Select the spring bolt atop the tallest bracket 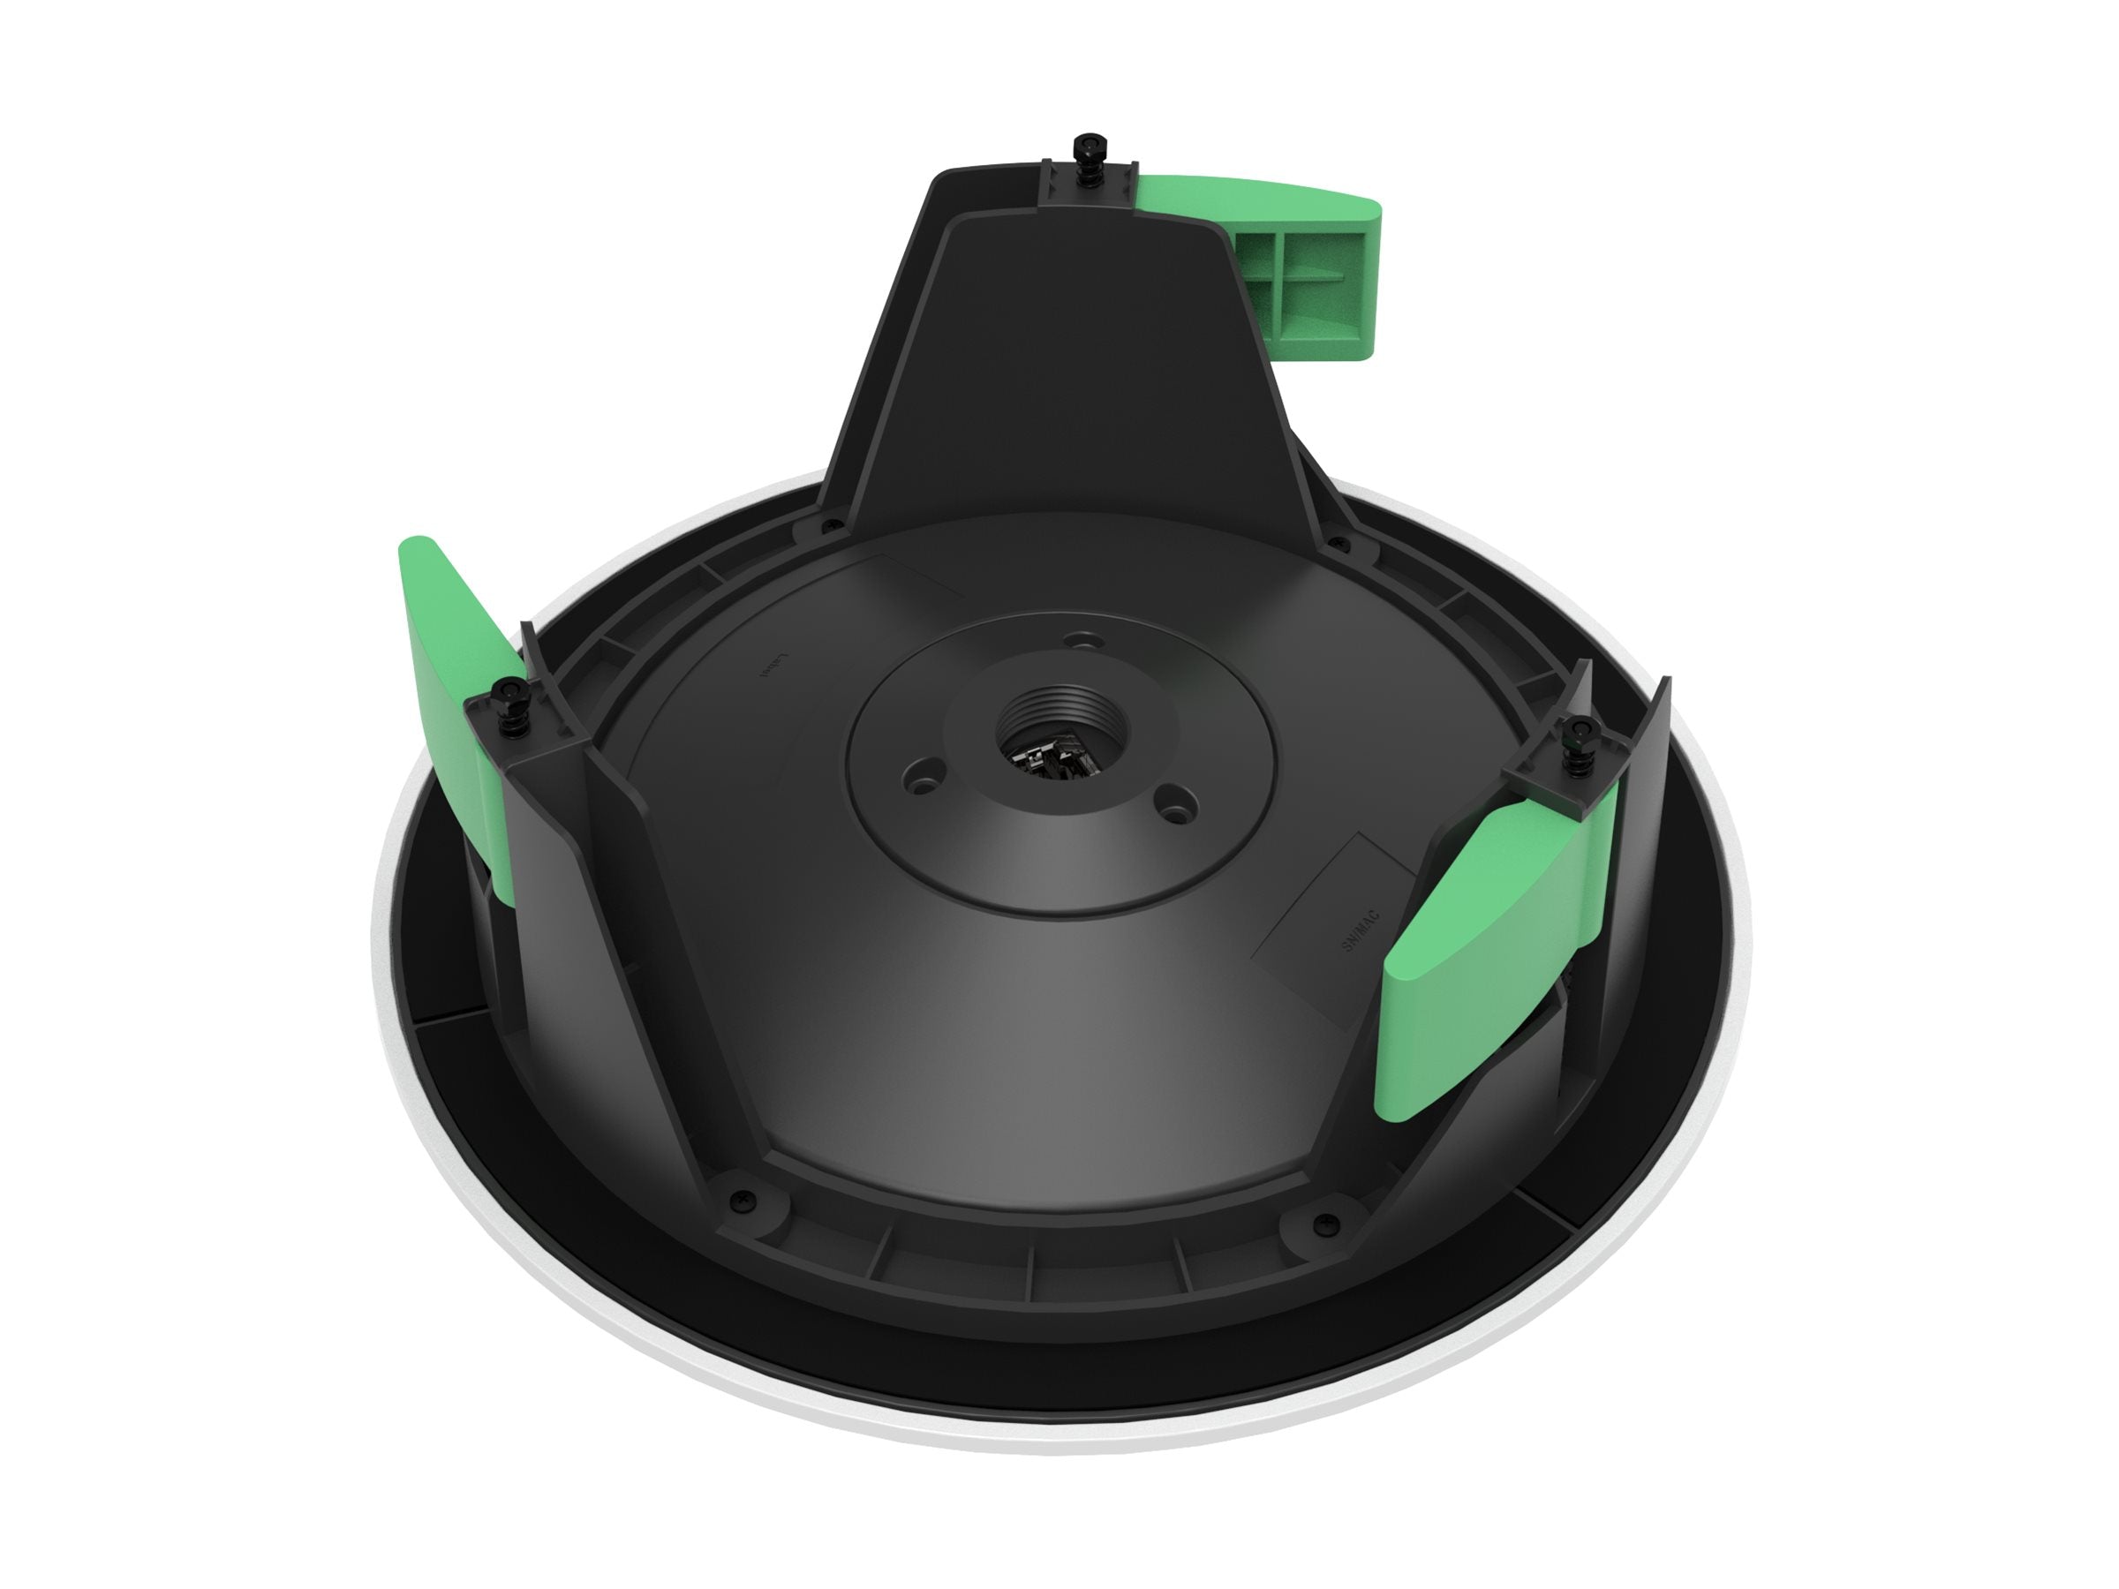1090,150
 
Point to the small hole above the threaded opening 1083,636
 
